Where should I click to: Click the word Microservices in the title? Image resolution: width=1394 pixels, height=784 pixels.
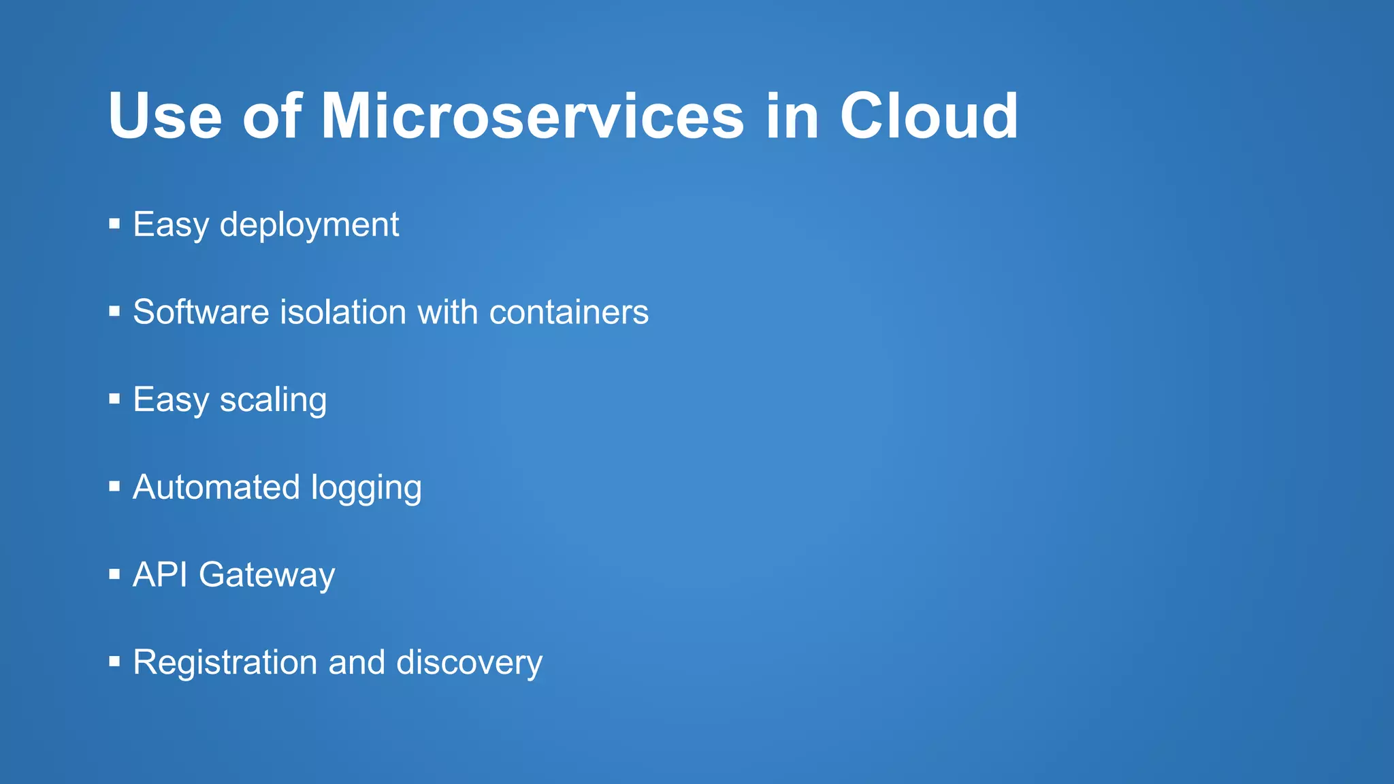532,116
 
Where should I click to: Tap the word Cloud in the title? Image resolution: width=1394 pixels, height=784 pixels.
928,116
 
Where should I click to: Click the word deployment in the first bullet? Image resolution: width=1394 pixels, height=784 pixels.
309,225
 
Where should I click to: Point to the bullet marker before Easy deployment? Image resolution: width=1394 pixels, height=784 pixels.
114,223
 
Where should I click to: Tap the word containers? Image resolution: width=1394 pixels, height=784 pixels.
568,312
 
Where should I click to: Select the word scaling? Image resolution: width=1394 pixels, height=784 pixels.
273,400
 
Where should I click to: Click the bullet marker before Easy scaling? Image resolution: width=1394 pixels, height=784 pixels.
114,398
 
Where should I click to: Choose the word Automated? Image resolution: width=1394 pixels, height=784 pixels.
216,487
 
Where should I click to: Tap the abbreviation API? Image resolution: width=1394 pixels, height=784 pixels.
160,574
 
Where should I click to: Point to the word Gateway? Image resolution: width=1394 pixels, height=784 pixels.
267,576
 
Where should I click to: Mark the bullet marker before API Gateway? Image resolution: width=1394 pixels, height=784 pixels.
114,574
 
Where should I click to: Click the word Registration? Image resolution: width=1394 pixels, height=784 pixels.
225,663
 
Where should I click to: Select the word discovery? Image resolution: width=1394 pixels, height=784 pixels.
469,663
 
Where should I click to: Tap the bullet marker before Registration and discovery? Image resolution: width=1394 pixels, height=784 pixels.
114,661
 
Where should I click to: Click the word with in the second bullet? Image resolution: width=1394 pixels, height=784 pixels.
447,312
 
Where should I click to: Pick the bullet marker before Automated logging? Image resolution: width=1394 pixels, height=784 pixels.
114,486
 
